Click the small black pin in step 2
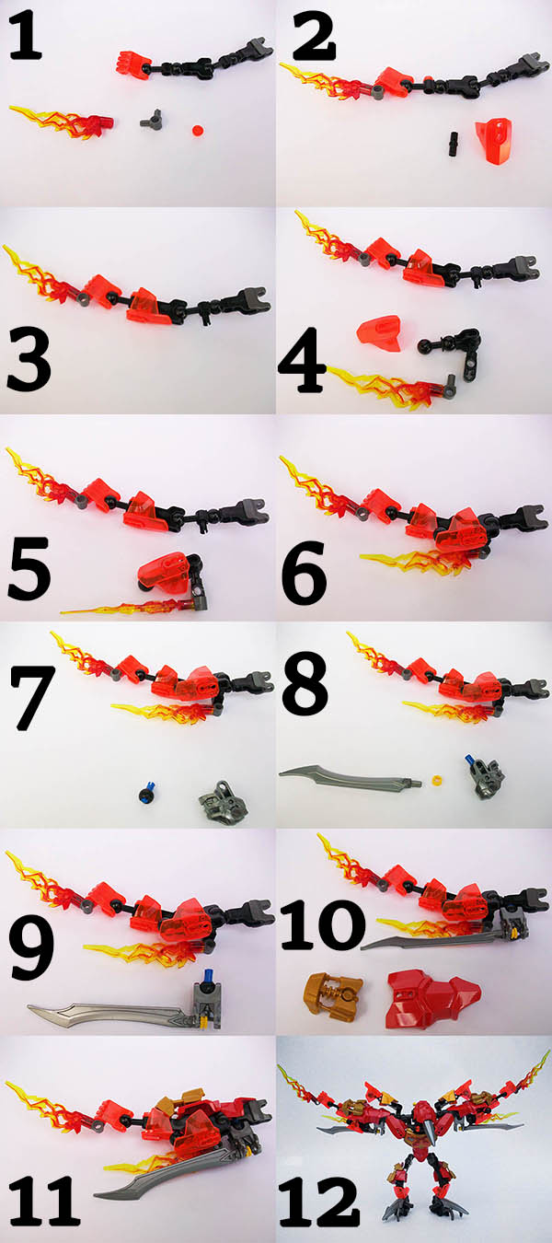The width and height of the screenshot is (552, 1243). point(451,141)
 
